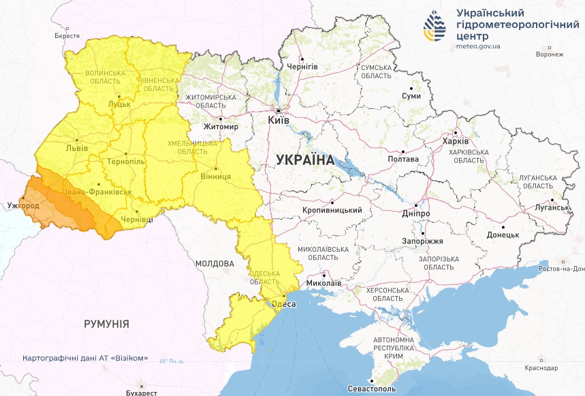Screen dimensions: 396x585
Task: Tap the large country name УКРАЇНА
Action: [x=305, y=160]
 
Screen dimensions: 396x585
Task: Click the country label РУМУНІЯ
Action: [x=106, y=324]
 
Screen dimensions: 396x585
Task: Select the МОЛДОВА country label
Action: [x=215, y=263]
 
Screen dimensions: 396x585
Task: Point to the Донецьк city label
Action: [x=503, y=234]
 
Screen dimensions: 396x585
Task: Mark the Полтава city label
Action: [x=402, y=159]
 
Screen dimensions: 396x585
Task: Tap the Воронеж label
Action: [x=550, y=54]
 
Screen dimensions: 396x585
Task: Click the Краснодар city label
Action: [x=541, y=368]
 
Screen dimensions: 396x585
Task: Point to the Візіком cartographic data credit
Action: [x=85, y=358]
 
